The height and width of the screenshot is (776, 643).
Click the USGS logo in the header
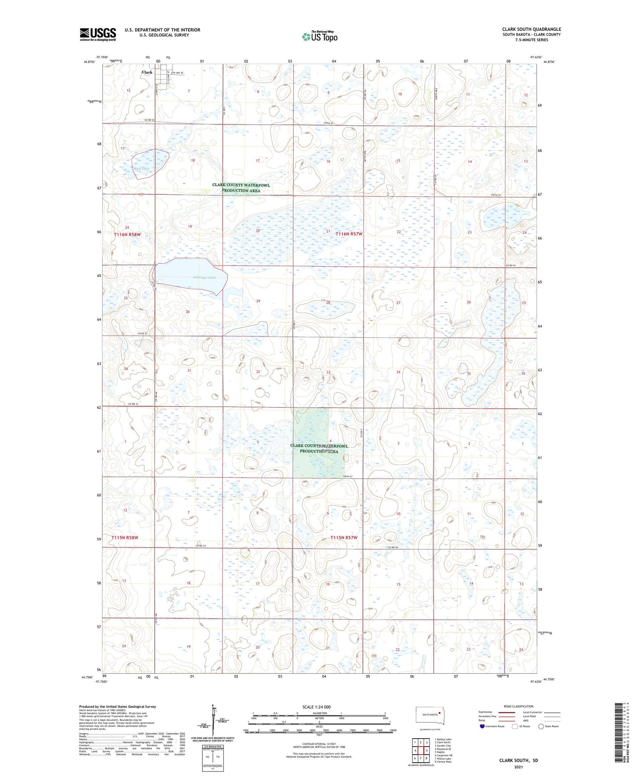(97, 34)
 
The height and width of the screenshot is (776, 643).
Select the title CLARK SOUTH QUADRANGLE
(531, 29)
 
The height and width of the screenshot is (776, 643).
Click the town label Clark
(147, 72)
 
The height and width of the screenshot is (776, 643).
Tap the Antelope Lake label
(204, 277)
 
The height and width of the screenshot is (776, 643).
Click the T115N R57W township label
(344, 537)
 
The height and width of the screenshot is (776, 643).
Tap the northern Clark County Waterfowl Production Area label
(241, 188)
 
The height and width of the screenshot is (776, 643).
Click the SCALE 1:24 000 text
(316, 707)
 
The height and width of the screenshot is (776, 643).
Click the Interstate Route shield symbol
(482, 726)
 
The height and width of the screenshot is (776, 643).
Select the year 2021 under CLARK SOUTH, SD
(518, 767)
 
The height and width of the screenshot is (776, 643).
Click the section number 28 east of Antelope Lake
(328, 302)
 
